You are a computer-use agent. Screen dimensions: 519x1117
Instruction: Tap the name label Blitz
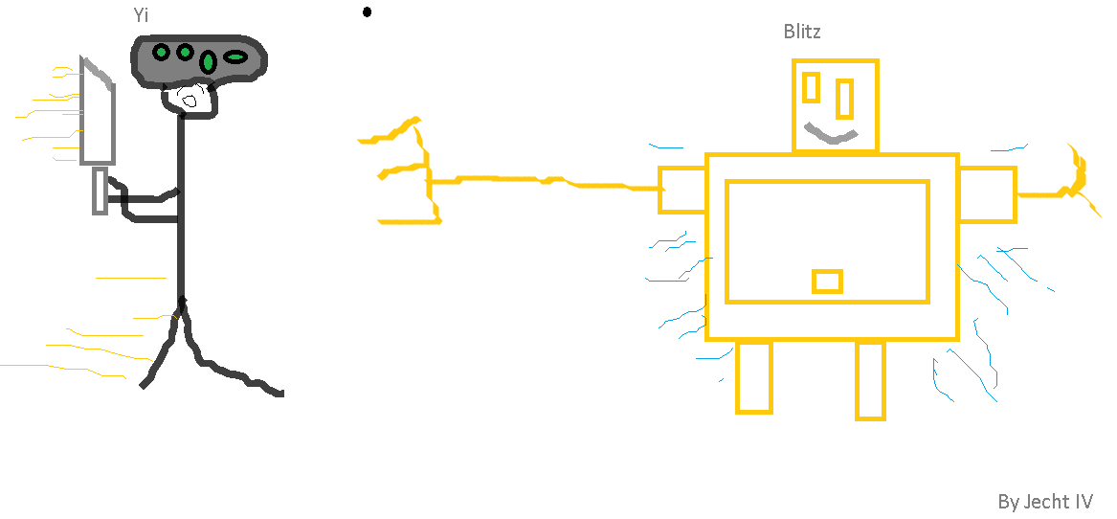802,32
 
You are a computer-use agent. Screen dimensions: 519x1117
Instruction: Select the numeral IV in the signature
1083,502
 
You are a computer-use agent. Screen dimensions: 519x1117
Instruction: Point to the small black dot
367,12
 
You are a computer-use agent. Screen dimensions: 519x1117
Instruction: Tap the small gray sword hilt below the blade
100,191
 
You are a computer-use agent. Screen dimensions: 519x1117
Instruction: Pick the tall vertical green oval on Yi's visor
208,63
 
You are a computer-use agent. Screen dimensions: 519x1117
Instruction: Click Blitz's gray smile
829,134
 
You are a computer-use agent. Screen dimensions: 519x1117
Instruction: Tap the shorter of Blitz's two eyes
811,87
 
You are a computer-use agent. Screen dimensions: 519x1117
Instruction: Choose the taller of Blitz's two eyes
844,98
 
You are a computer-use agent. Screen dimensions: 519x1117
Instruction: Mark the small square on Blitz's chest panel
827,282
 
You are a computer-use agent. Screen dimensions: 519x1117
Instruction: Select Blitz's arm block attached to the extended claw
681,189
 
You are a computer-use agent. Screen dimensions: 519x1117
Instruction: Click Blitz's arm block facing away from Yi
987,194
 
